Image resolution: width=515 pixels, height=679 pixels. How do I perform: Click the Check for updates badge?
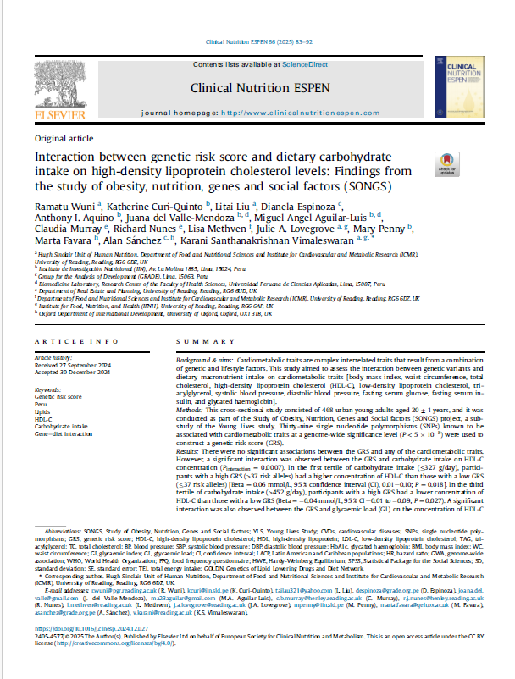coord(466,164)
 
